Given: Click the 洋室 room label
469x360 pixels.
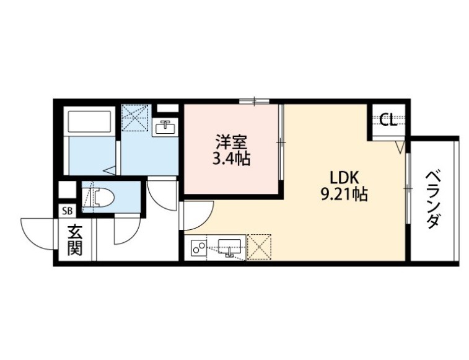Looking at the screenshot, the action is [x=231, y=142].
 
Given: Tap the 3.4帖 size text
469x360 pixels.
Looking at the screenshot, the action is [x=231, y=159].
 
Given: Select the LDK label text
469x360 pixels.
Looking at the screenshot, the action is [x=344, y=178].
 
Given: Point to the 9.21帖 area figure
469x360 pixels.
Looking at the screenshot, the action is [x=344, y=194].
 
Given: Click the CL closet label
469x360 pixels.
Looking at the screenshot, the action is [x=388, y=120].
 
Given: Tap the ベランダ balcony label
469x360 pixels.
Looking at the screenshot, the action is [x=433, y=200].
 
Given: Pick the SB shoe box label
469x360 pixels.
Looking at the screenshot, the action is [x=68, y=211].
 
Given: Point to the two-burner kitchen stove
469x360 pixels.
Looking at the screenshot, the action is [x=198, y=248].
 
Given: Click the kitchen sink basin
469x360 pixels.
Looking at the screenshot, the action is [x=230, y=247].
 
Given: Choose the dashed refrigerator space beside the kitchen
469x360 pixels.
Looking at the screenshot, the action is [x=259, y=247].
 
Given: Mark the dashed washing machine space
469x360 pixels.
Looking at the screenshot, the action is [x=135, y=118].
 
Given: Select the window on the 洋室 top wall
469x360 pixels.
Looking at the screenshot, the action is [x=254, y=101].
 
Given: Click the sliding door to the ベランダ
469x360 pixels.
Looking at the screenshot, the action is [x=408, y=188].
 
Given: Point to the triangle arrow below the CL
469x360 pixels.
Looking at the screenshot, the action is [x=400, y=147].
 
